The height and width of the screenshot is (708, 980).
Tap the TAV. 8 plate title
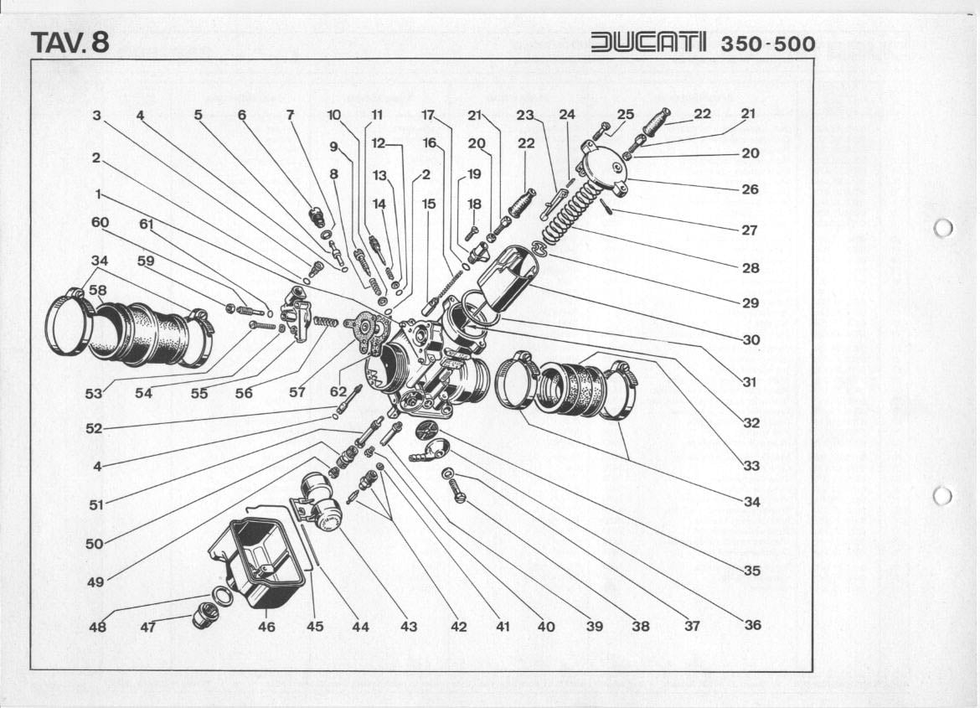click(x=70, y=42)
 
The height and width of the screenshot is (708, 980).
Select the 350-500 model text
click(x=767, y=44)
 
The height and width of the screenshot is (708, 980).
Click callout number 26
click(x=750, y=189)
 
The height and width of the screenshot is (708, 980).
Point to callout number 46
click(x=266, y=626)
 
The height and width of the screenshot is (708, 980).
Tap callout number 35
click(x=751, y=571)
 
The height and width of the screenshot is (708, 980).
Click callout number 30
click(x=750, y=339)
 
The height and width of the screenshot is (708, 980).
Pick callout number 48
click(x=97, y=626)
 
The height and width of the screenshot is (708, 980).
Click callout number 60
click(x=101, y=222)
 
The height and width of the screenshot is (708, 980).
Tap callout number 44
click(x=360, y=626)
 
